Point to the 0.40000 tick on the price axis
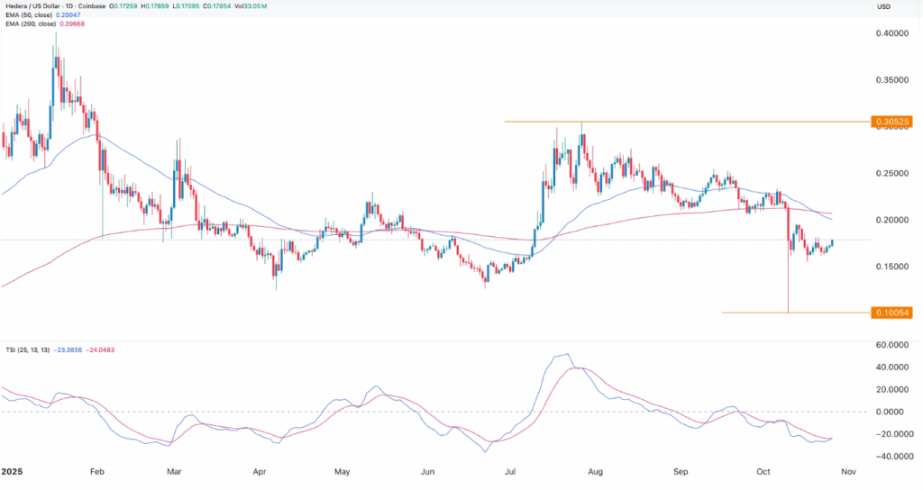pos(891,33)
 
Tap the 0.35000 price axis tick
pos(891,80)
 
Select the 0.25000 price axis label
pos(891,173)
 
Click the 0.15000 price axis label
pos(891,267)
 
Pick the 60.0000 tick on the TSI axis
pos(891,345)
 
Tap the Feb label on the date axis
pos(98,471)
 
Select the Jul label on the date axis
pos(510,471)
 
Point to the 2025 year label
pos(13,471)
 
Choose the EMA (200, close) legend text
pos(48,26)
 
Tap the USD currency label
pos(884,6)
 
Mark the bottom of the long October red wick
pos(789,313)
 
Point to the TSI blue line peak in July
pos(566,354)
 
